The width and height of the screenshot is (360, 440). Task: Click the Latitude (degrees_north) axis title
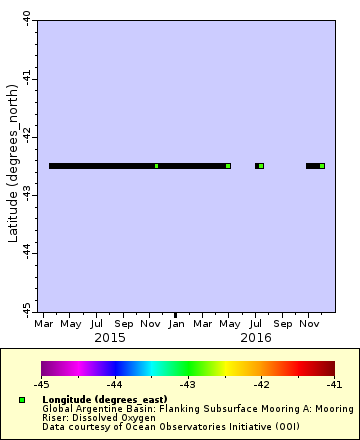12,166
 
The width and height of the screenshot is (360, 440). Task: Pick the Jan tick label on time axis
176,324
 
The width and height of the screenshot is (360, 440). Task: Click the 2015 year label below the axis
109,339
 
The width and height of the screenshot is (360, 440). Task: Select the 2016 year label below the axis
256,339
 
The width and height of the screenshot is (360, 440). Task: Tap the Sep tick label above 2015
123,324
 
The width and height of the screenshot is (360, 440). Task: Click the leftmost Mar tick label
44,324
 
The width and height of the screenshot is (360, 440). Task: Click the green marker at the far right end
322,166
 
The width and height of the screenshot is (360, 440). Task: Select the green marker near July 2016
261,166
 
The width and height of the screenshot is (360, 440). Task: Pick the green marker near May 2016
228,166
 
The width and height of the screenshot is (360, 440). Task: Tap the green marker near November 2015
156,166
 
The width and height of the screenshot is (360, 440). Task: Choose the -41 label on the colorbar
333,384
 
